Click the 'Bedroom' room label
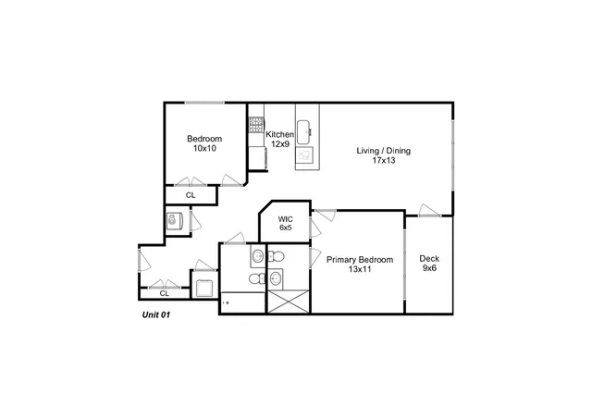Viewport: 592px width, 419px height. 204,139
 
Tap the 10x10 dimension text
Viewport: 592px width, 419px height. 204,149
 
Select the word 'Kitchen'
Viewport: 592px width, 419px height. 280,135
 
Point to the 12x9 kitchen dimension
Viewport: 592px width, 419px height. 280,145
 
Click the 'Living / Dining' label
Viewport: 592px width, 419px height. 384,151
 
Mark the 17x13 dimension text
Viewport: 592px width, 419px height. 384,161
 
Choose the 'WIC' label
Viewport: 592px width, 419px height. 286,218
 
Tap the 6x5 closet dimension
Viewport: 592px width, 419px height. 286,228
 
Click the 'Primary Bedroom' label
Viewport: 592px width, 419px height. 359,260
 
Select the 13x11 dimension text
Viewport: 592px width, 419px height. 359,270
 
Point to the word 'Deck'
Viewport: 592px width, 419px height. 429,259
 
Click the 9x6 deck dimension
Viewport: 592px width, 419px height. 429,269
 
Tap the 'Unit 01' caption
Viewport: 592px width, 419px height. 154,314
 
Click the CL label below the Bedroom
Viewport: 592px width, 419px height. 191,195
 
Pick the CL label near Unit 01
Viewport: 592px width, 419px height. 164,293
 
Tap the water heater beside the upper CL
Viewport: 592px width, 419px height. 172,221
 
